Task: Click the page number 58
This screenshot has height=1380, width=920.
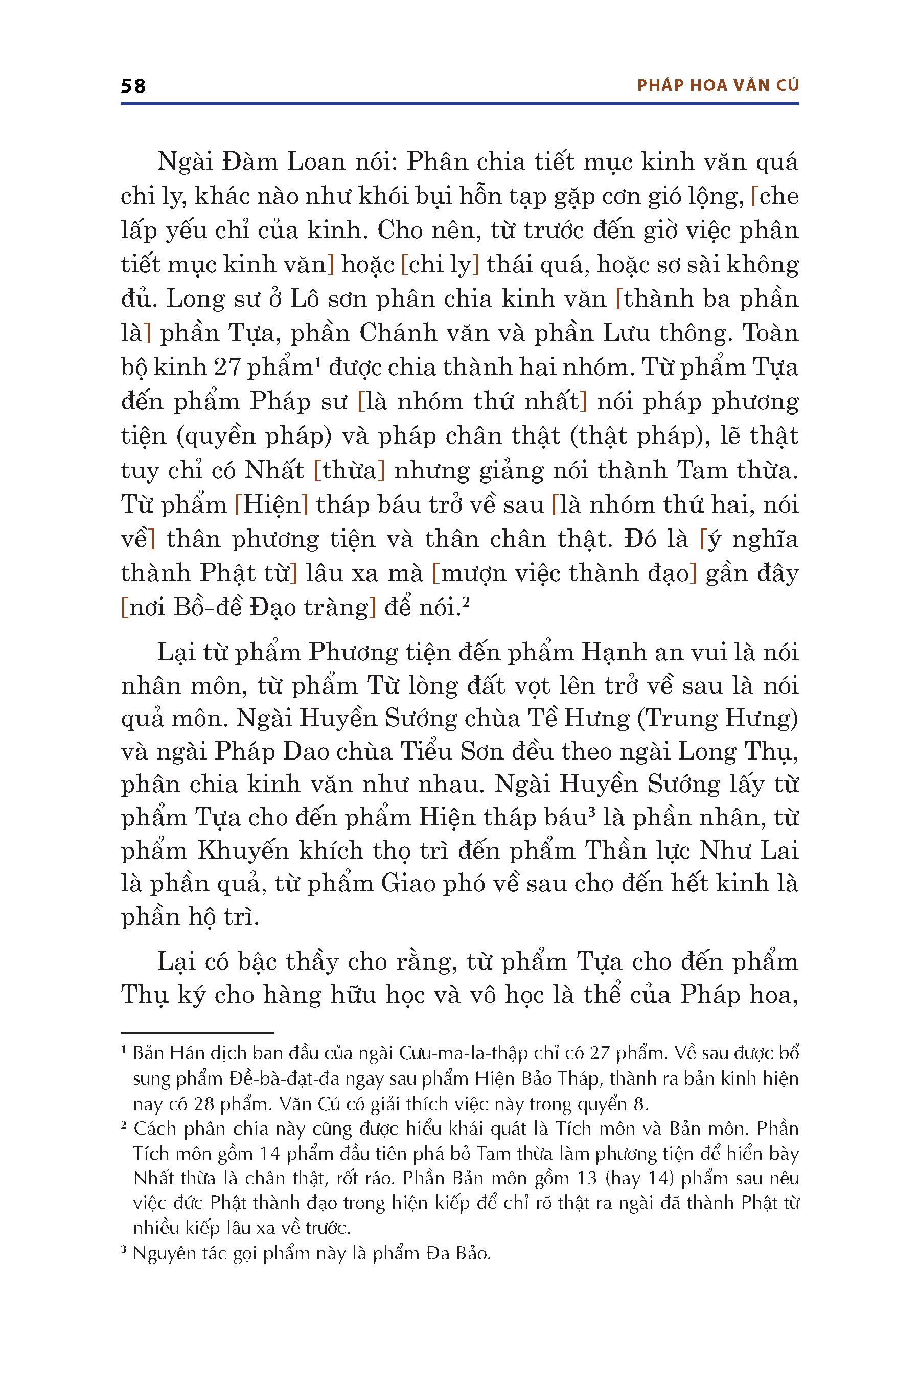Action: point(133,86)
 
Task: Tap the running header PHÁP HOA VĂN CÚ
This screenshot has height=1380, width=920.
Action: point(718,86)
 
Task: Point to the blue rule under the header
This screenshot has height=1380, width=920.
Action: point(459,104)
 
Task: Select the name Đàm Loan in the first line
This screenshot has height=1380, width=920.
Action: point(250,162)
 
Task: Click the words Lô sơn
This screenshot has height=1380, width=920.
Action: point(328,299)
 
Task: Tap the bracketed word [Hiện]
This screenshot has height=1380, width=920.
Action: point(271,504)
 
